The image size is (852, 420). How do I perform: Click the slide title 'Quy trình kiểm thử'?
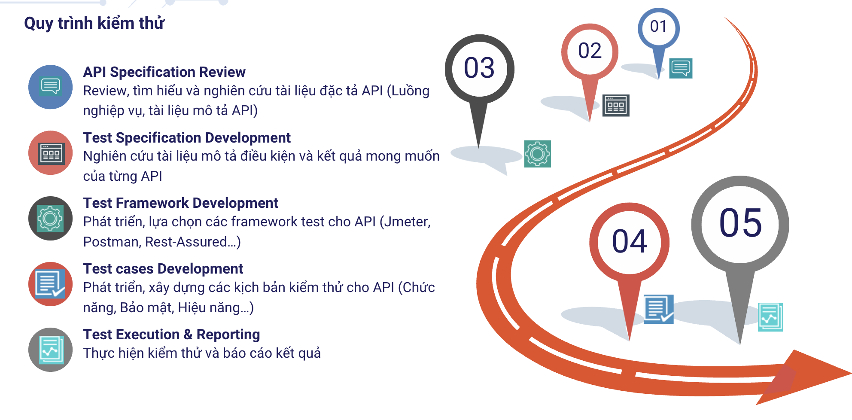tap(94, 23)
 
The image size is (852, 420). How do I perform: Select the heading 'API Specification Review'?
tap(164, 72)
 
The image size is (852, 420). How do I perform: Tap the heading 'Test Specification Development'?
tap(187, 137)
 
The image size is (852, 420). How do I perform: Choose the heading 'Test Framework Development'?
tap(181, 203)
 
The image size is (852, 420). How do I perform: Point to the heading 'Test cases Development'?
tap(163, 268)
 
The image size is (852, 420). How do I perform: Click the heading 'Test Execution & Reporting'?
tap(172, 335)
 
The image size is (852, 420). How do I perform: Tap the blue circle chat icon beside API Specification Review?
tap(51, 87)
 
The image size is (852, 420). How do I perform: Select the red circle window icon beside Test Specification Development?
tap(51, 153)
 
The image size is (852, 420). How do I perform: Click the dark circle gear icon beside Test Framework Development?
tap(51, 219)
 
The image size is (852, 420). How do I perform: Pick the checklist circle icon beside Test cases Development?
tap(51, 284)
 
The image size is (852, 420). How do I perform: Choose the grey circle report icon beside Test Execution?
tap(51, 350)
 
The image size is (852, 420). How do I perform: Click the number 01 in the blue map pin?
tap(658, 27)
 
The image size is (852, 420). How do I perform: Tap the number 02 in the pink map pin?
tap(590, 51)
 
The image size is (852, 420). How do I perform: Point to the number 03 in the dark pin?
tap(479, 68)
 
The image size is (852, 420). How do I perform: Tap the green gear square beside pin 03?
tap(538, 154)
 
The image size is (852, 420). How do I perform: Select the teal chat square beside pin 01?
tap(681, 68)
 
